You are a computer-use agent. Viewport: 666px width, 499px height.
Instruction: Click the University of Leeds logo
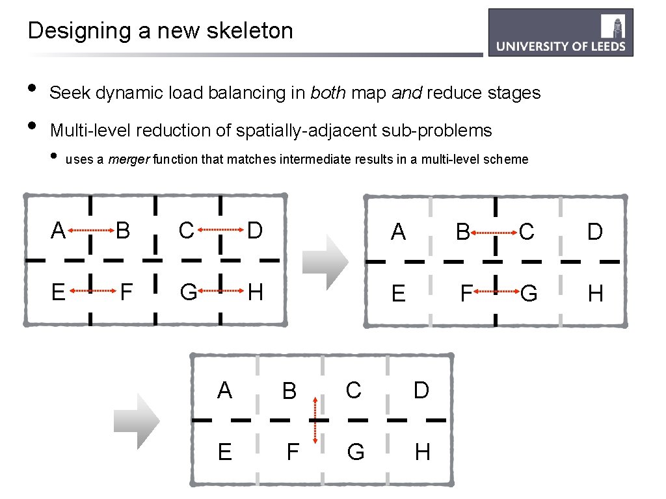pos(561,32)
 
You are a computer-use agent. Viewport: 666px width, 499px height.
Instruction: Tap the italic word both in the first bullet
pos(328,93)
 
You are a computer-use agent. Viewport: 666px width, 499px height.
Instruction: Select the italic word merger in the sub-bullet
pos(129,159)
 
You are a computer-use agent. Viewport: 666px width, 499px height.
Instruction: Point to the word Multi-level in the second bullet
pos(90,131)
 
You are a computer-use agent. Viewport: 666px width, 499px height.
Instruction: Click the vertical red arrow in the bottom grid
pos(315,421)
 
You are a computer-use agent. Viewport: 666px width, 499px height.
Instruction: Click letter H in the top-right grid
pos(595,294)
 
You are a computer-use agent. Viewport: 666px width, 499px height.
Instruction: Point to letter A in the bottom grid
pos(224,390)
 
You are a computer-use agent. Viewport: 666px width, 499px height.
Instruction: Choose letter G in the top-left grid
pos(188,292)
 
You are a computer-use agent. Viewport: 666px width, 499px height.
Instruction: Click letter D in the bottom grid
pos(421,390)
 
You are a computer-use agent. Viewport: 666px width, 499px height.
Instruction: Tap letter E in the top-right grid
pos(398,294)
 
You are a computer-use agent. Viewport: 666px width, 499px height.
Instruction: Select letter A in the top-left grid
pos(59,230)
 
